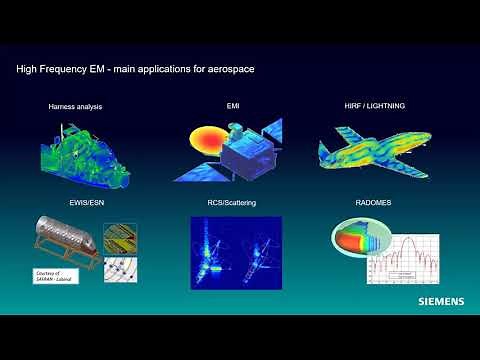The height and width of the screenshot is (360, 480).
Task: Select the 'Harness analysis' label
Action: pos(74,106)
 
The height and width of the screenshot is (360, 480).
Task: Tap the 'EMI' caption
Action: pos(235,106)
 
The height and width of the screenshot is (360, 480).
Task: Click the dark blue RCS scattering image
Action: pos(236,246)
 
